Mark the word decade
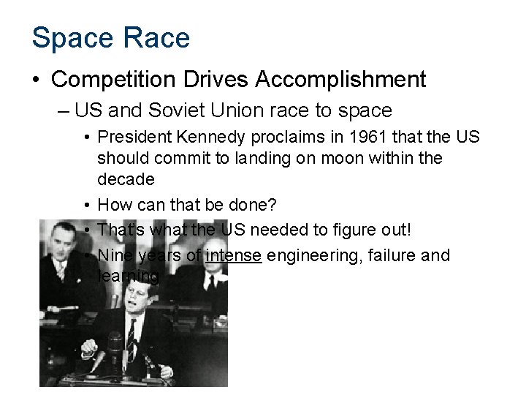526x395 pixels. [x=126, y=179]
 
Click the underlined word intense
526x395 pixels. [x=234, y=255]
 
